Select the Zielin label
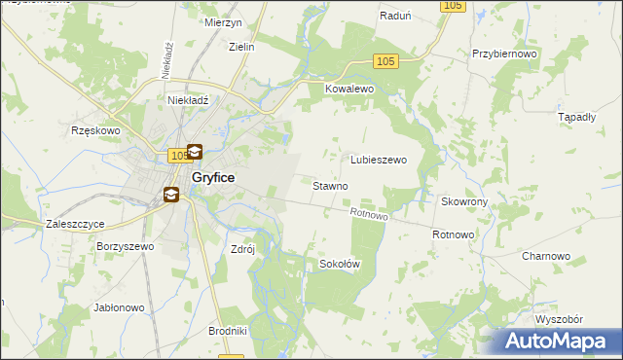(x=240, y=46)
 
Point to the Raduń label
(x=396, y=17)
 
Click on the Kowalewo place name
(x=349, y=89)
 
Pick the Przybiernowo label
(x=504, y=54)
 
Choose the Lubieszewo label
(x=378, y=160)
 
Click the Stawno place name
(x=331, y=185)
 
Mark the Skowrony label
(x=464, y=201)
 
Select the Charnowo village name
(x=545, y=256)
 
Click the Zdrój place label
(x=242, y=248)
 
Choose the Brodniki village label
(x=228, y=331)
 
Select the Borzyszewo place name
(x=126, y=247)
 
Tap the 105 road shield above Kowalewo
(x=385, y=61)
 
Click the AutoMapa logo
(x=560, y=342)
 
